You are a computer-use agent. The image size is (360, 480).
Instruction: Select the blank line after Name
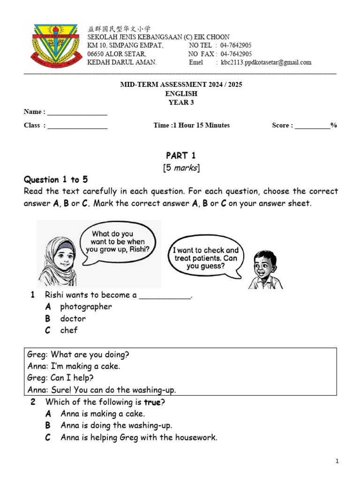(77, 112)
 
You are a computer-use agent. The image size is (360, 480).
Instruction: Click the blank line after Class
(77, 126)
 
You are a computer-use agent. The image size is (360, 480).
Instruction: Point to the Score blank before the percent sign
(312, 126)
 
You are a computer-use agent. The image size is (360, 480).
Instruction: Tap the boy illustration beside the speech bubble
(265, 270)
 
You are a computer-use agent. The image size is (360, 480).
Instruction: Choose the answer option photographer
(86, 307)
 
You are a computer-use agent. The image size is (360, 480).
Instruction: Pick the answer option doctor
(73, 318)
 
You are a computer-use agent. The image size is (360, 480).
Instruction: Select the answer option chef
(68, 330)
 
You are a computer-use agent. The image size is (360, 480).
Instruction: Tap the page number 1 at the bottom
(337, 462)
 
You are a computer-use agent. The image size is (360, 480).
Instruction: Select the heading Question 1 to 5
(56, 180)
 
